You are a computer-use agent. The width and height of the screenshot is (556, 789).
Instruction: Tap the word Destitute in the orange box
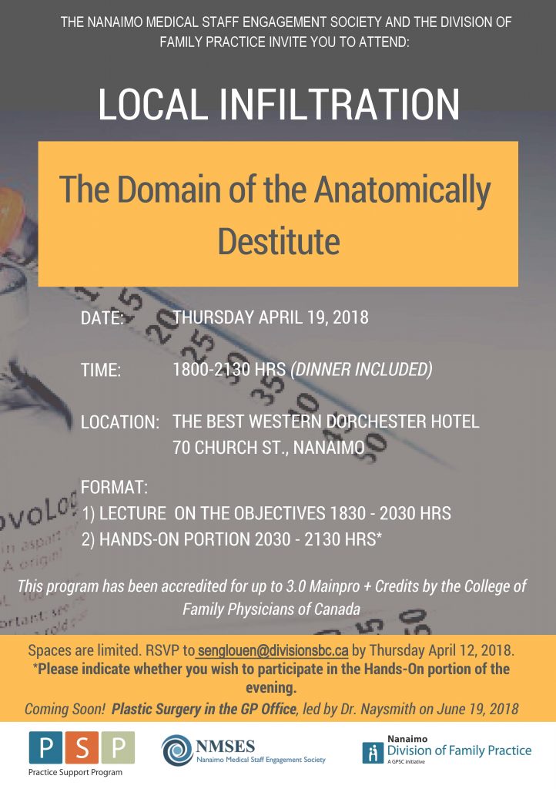pos(278,240)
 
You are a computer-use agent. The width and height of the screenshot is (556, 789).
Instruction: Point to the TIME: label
pos(101,371)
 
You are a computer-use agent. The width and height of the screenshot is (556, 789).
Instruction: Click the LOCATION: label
pos(120,422)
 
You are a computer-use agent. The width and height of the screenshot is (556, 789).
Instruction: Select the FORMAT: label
pos(114,488)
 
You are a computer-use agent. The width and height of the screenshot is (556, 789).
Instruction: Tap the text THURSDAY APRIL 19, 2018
pos(271,317)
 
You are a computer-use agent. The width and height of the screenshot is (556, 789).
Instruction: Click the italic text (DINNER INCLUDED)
pos(361,370)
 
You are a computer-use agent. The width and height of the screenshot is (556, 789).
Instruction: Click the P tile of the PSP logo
pos(45,747)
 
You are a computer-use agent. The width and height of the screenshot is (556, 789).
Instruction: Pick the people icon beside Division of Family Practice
pos(372,752)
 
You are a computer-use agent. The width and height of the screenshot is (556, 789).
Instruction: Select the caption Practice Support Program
pos(75,771)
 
